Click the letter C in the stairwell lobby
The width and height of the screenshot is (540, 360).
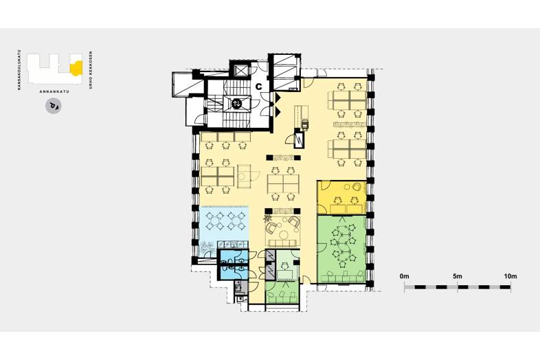(x=258, y=87)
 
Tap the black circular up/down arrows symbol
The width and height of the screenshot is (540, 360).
(x=237, y=103)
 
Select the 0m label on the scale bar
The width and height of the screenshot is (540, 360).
(x=404, y=276)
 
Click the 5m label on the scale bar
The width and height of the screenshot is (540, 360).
(x=458, y=276)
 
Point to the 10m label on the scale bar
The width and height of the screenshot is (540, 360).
(x=510, y=276)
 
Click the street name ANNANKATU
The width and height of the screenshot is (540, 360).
(x=54, y=91)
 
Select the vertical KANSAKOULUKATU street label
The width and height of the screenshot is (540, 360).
(x=19, y=70)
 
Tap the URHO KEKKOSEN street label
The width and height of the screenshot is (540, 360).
(x=91, y=70)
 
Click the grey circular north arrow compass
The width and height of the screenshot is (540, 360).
(x=54, y=106)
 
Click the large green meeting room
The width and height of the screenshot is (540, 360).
(x=341, y=249)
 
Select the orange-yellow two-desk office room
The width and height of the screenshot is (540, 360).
(x=341, y=196)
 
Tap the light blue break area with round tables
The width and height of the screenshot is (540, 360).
(x=224, y=226)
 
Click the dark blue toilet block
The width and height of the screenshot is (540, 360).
(x=234, y=264)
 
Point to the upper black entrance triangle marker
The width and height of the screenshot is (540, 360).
(x=278, y=98)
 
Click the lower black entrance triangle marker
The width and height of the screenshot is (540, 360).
(x=278, y=111)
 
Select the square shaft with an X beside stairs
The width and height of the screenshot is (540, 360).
(x=240, y=71)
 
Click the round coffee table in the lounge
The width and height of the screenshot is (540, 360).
(x=284, y=235)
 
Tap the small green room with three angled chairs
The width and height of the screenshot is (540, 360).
(x=282, y=293)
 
